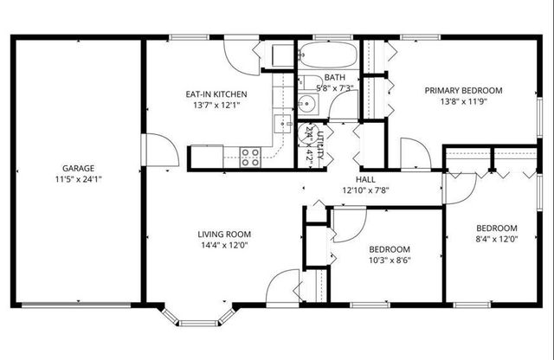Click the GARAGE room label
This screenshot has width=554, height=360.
78,168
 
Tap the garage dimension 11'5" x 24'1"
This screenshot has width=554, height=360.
78,180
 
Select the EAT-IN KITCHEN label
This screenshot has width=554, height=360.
216,93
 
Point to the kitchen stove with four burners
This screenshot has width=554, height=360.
250,157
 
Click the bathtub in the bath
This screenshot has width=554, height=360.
327,56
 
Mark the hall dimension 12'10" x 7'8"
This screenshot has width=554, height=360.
365,190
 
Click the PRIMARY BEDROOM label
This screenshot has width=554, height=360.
463,89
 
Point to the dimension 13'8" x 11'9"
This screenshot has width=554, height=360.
463,100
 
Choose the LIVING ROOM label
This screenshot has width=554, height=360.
224,233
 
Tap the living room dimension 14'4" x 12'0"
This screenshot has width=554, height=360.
224,245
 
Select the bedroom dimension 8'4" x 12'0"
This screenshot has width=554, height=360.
496,240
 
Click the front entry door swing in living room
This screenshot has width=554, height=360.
282,286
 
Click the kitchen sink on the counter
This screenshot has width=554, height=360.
281,122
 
